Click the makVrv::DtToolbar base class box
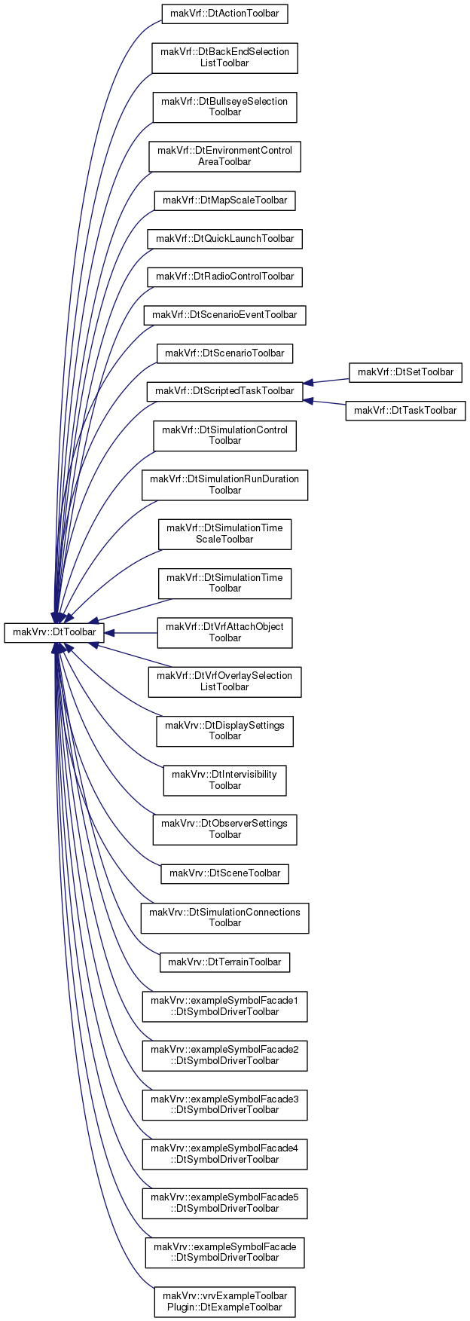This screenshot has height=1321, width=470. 53,632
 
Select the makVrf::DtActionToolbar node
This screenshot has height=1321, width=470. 225,14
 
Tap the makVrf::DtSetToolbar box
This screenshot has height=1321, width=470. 405,372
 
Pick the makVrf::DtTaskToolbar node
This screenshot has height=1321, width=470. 405,410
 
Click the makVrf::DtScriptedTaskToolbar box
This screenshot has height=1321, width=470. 224,391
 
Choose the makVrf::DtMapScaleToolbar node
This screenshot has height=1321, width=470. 225,200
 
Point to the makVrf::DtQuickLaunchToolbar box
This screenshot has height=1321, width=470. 224,239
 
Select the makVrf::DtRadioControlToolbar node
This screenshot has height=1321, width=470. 224,277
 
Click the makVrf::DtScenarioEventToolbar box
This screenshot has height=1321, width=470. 224,315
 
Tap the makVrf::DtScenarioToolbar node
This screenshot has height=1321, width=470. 224,353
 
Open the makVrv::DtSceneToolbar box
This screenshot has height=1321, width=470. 224,873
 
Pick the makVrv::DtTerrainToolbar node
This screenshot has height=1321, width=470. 224,962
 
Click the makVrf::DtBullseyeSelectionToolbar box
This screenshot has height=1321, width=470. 224,106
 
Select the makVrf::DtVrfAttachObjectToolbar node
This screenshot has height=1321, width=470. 224,632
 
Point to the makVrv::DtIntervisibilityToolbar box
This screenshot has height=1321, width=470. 224,780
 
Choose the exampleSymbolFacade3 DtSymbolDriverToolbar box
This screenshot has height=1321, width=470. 224,1105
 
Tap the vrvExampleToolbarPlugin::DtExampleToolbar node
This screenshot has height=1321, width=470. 224,1301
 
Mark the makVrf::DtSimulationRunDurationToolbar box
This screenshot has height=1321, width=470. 224,485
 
